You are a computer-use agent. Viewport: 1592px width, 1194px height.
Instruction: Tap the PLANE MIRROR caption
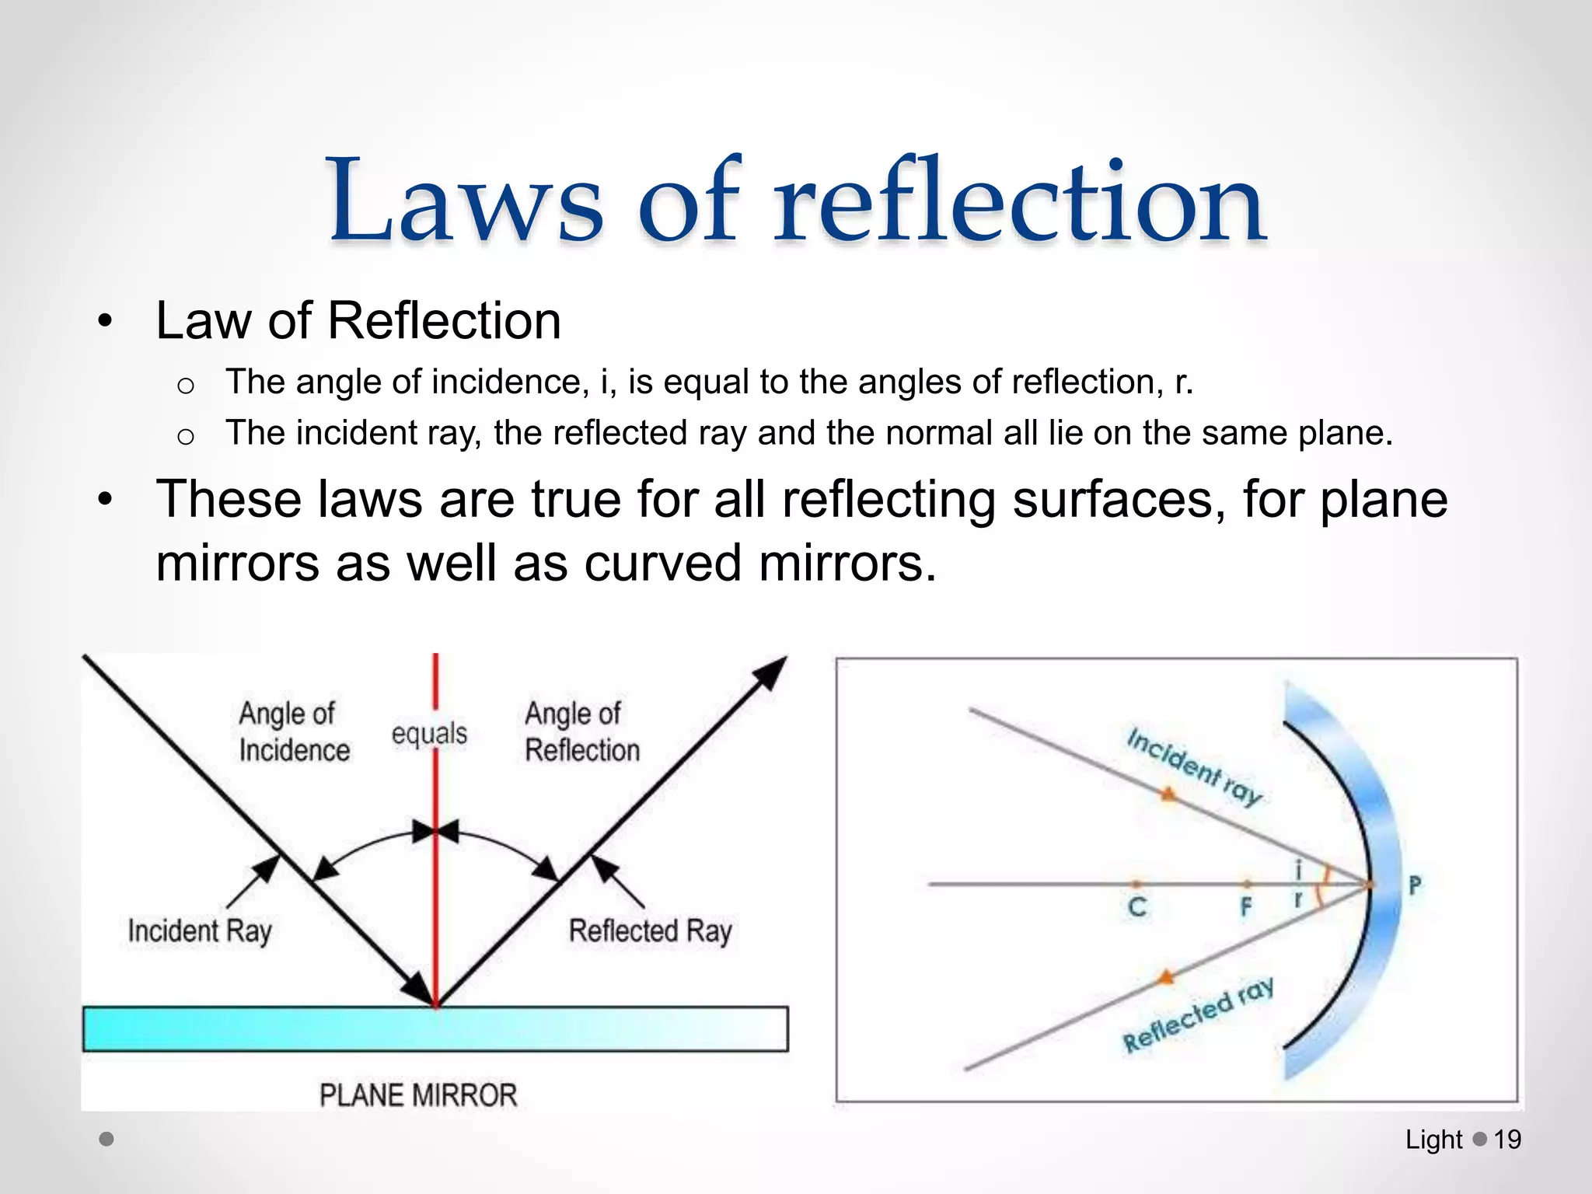418,1095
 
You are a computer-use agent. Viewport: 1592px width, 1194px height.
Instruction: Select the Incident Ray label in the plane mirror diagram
200,930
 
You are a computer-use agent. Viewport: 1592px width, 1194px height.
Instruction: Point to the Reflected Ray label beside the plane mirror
650,930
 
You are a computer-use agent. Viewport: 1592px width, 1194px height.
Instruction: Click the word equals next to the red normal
429,733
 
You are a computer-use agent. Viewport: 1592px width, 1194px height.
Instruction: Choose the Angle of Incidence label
293,731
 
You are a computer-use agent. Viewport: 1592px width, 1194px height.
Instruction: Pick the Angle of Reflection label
581,731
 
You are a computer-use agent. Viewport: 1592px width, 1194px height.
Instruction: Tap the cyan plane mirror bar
435,1029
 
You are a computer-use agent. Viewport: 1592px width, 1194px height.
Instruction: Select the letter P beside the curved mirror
1415,885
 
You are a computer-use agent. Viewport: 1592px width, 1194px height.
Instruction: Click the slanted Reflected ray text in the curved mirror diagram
1197,1015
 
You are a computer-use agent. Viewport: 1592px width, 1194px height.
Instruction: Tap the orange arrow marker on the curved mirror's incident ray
1167,794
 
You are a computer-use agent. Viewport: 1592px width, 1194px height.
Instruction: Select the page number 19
1507,1140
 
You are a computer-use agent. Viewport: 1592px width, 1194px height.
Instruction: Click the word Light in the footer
1433,1140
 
